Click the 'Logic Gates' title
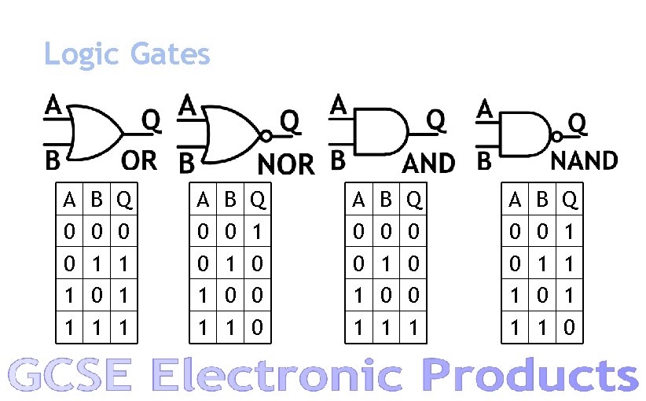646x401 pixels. coord(127,54)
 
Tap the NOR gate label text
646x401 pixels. coord(286,164)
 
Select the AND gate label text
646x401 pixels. coord(428,164)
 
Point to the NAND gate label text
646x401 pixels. coord(583,160)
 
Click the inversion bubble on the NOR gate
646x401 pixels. coord(266,136)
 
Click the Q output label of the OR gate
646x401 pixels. coord(151,120)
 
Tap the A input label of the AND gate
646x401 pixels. coord(338,104)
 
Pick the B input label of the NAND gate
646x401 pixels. coord(484,161)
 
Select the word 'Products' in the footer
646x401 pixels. coord(530,375)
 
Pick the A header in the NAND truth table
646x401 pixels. coord(516,200)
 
